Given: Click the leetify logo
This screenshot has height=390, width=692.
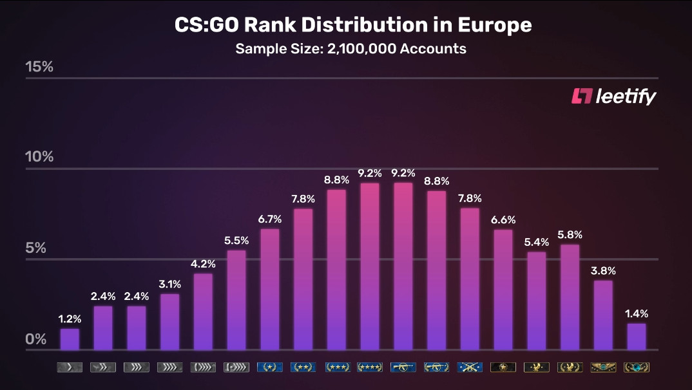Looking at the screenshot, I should pos(613,97).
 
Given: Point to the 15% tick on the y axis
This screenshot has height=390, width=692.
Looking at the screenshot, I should pos(39,67).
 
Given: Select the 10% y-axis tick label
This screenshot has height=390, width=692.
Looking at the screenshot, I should pos(39,157).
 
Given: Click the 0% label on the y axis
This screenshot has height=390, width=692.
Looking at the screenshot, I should pos(36,339).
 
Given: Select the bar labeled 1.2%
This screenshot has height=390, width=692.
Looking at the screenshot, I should pos(70,339).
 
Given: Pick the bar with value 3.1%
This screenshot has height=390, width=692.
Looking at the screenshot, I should pos(169,322).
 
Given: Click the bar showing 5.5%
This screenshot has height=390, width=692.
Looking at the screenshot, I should pos(236,300).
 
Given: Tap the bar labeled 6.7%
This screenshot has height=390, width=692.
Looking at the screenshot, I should pos(270,289).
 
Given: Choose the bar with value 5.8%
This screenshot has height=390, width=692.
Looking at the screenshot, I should pos(569,297).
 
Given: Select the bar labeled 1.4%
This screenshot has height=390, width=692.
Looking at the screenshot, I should pos(636,337).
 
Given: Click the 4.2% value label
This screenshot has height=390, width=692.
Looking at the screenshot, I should pos(203,264).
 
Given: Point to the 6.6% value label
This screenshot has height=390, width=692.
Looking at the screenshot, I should pos(503,220).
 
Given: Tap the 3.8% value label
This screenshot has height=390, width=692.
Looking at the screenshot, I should pos(602,271).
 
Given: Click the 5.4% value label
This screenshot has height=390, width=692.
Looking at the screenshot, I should pos(536,242).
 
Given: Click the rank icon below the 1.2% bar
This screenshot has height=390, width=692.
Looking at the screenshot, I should pos(70,367).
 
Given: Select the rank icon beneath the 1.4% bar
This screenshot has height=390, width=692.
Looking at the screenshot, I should pos(636,367).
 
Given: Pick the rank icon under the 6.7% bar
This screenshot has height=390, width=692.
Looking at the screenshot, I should pos(270,367).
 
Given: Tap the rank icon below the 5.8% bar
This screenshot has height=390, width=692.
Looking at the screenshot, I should pos(569,367).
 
